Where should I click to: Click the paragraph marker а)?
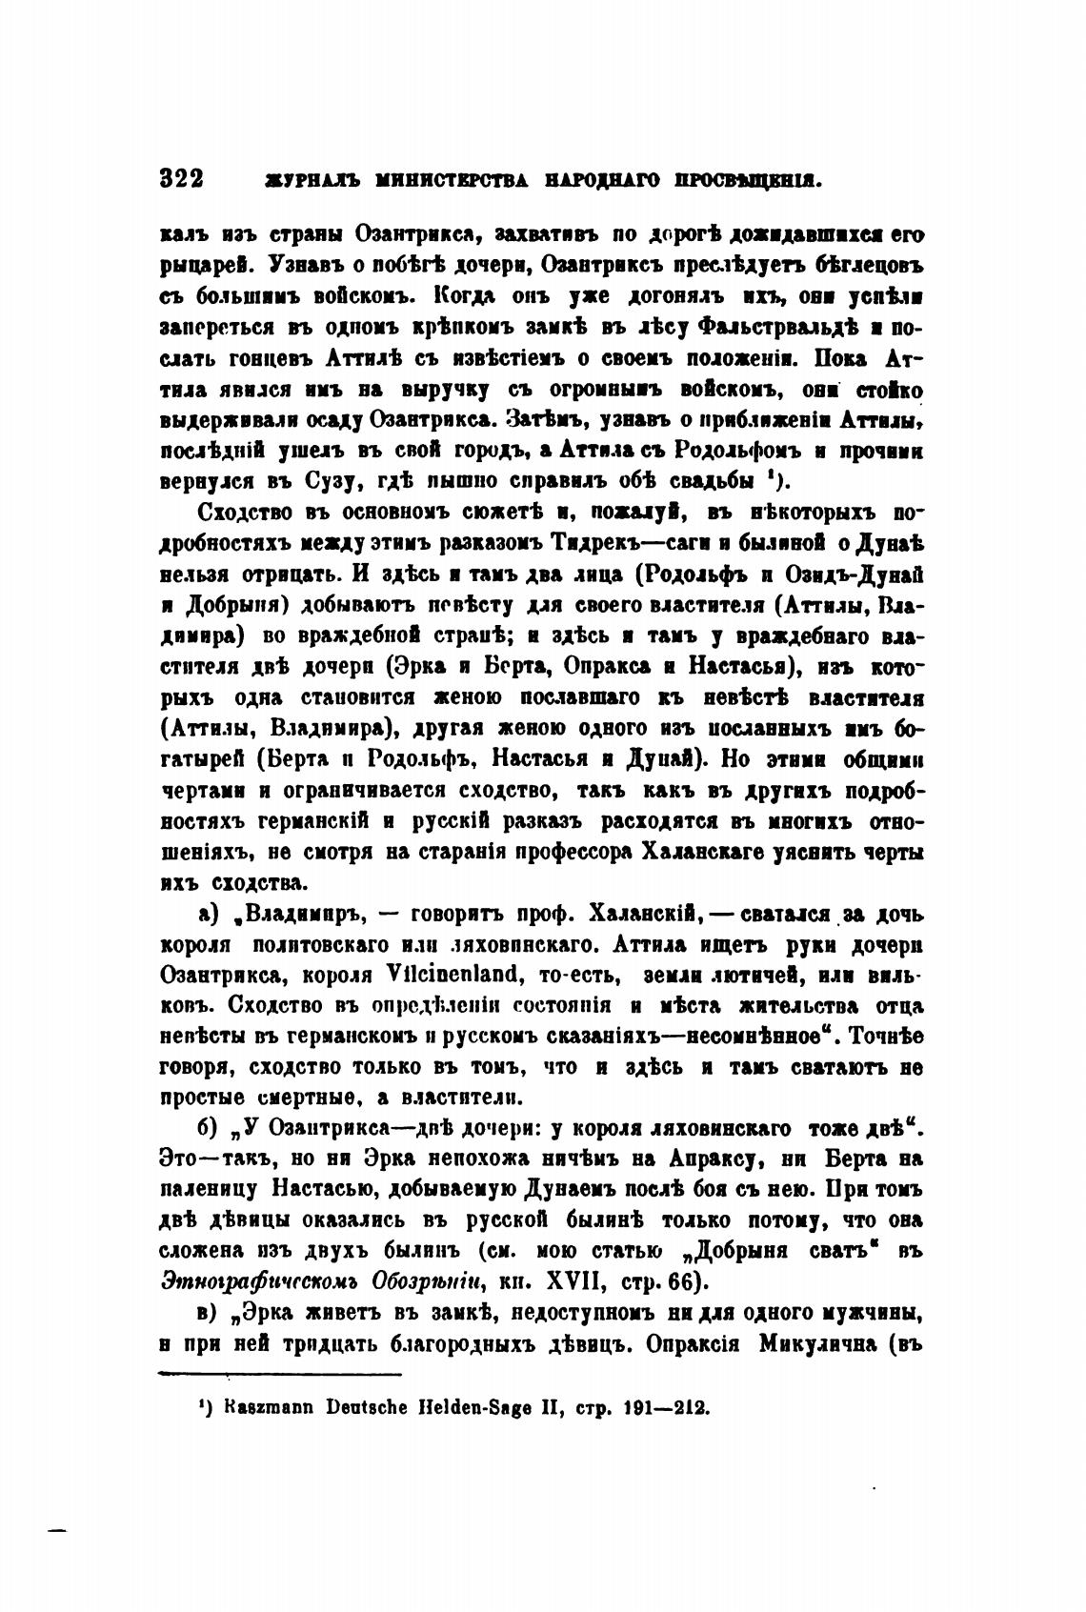click(210, 915)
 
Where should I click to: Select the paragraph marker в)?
click(210, 1313)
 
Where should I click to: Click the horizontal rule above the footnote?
click(279, 1374)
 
